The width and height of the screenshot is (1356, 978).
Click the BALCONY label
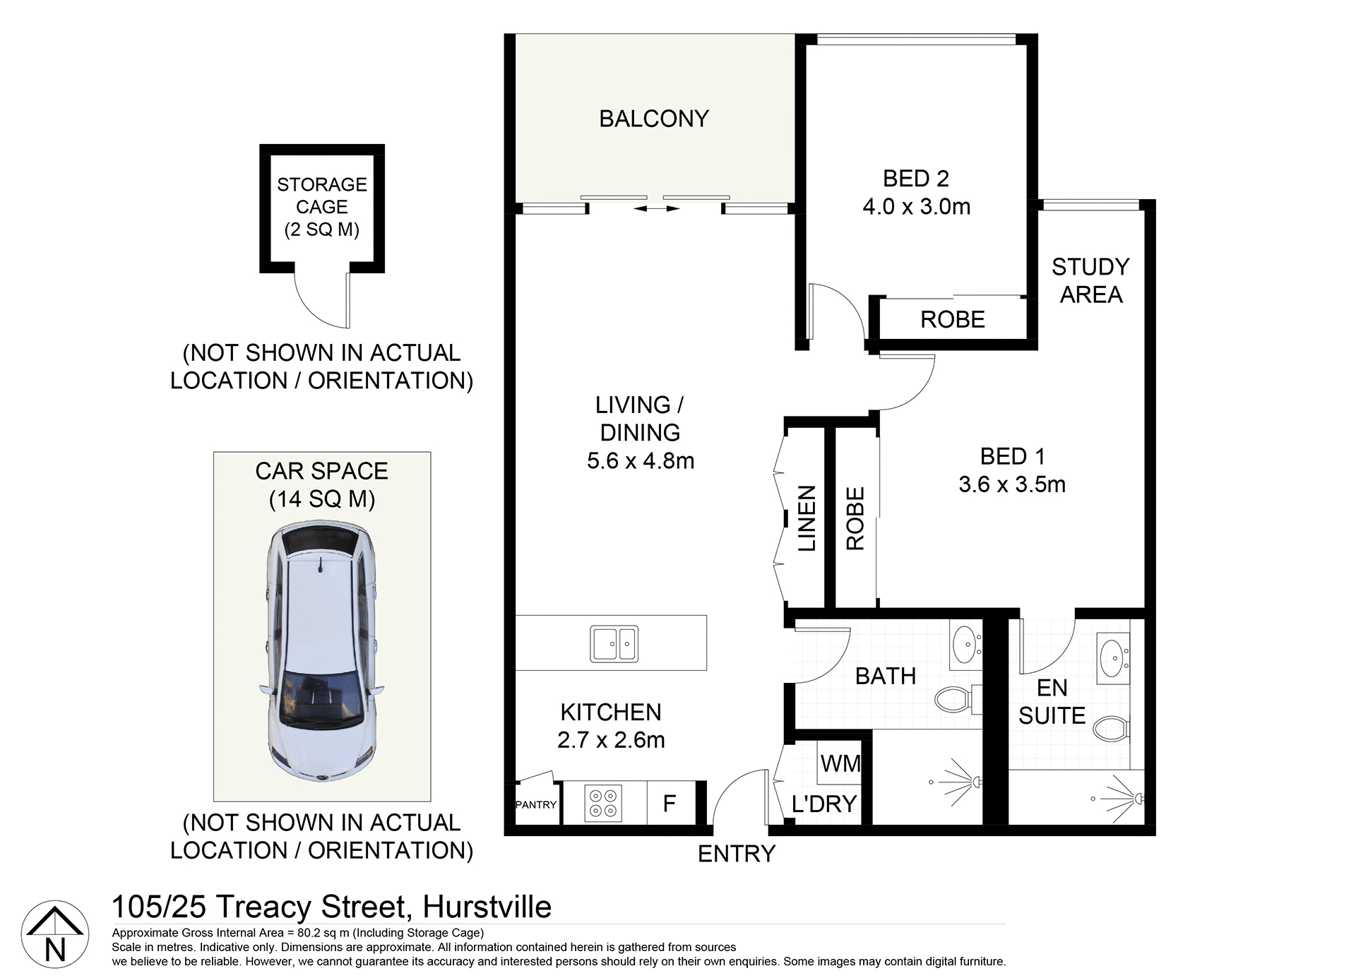pyautogui.click(x=653, y=119)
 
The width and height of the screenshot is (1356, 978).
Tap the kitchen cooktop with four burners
pyautogui.click(x=604, y=803)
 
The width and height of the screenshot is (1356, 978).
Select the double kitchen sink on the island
pyautogui.click(x=614, y=643)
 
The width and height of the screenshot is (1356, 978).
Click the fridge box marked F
pyautogui.click(x=670, y=803)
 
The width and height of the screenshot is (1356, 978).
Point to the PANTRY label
pyautogui.click(x=536, y=804)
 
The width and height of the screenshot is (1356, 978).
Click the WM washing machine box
pyautogui.click(x=840, y=763)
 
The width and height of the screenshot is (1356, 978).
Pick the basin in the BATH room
pyautogui.click(x=964, y=643)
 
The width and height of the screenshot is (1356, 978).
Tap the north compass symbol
pyautogui.click(x=55, y=936)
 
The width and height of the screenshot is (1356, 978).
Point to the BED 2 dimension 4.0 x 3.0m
pyautogui.click(x=916, y=207)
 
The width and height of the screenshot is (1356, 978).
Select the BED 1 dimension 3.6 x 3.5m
pyautogui.click(x=1011, y=484)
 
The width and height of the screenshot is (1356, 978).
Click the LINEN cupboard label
pyautogui.click(x=806, y=518)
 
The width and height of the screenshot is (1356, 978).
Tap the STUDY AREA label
pyautogui.click(x=1090, y=280)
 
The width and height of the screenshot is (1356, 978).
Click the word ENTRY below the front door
pyautogui.click(x=736, y=854)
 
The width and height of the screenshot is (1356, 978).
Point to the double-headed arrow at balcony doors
pyautogui.click(x=656, y=209)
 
